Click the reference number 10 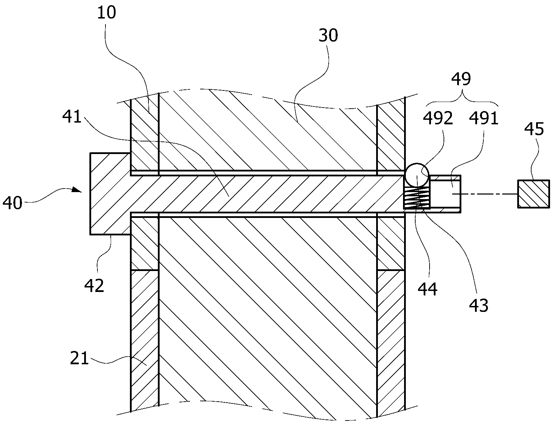pyautogui.click(x=107, y=13)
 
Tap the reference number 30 pyautogui.click(x=328, y=35)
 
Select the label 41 pyautogui.click(x=72, y=117)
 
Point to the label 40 pyautogui.click(x=12, y=203)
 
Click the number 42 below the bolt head pyautogui.click(x=94, y=285)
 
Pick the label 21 pyautogui.click(x=79, y=358)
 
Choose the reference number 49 pyautogui.click(x=461, y=79)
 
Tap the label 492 pyautogui.click(x=438, y=118)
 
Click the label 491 pyautogui.click(x=484, y=118)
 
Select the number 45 pyautogui.click(x=534, y=129)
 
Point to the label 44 pyautogui.click(x=427, y=289)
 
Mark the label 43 pyautogui.click(x=479, y=306)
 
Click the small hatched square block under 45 pyautogui.click(x=533, y=194)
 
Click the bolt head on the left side pyautogui.click(x=110, y=194)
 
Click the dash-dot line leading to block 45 pyautogui.click(x=485, y=194)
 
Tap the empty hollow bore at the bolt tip pyautogui.click(x=445, y=194)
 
